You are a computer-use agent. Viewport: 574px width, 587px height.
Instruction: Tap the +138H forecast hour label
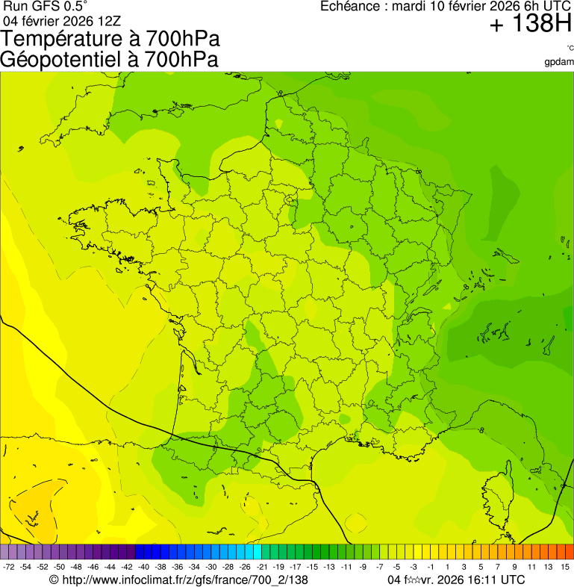[x=531, y=25]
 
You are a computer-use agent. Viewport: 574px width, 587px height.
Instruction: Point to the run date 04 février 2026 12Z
[x=63, y=20]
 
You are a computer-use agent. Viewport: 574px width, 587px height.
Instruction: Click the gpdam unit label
[x=559, y=62]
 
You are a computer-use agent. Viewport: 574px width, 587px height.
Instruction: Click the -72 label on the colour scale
[x=9, y=567]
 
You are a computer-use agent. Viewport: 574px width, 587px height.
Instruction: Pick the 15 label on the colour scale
[x=566, y=567]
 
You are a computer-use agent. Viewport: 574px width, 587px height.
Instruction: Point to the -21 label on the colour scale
[x=262, y=567]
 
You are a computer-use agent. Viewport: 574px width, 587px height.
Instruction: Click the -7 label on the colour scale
[x=380, y=567]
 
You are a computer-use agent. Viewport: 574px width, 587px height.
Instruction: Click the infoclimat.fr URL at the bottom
[x=184, y=580]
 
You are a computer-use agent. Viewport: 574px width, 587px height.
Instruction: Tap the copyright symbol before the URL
[x=54, y=580]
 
